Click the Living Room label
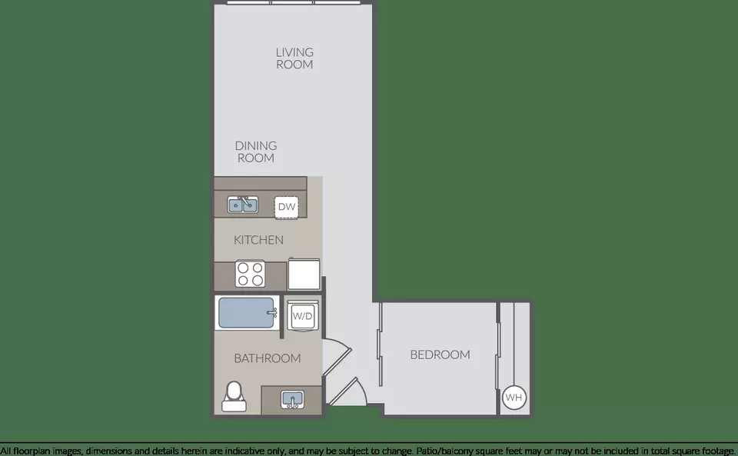point(294,58)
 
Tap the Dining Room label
point(255,152)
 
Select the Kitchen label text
point(258,240)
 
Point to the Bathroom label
point(267,358)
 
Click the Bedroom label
point(440,354)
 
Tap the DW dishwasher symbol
point(286,207)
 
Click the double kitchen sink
point(243,205)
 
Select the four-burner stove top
point(250,275)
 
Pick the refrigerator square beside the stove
point(304,274)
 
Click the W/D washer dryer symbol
point(303,316)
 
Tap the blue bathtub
point(246,313)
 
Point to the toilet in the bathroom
point(234,398)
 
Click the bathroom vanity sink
point(292,400)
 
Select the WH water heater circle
point(514,398)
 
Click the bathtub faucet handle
point(271,312)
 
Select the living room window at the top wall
point(294,2)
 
